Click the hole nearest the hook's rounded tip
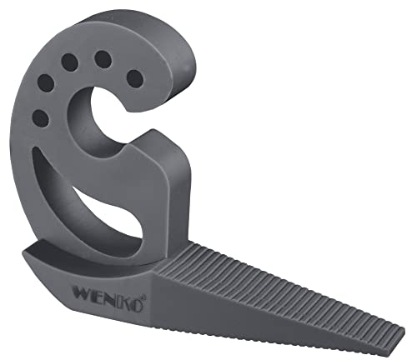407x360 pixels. [x=133, y=77]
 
